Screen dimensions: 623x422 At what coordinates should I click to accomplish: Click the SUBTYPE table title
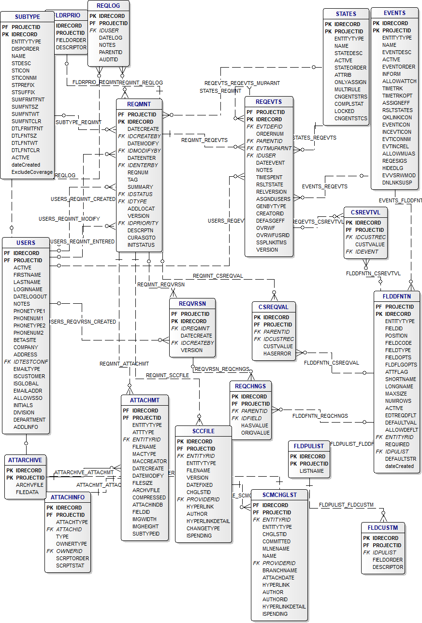[24, 17]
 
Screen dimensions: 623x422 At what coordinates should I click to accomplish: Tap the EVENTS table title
[394, 13]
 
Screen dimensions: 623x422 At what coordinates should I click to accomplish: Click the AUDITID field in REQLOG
[108, 59]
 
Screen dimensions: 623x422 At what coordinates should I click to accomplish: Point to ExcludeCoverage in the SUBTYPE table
[32, 172]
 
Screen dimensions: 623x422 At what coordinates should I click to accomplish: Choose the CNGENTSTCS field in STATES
[351, 118]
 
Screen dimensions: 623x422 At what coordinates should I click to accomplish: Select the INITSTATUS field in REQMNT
[141, 245]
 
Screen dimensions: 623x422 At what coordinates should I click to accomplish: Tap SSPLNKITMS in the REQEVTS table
[271, 242]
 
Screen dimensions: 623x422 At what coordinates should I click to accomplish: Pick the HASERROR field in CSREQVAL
[277, 354]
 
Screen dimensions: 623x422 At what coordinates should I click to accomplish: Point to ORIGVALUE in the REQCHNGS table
[255, 433]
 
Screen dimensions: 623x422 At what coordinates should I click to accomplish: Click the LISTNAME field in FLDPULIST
[312, 471]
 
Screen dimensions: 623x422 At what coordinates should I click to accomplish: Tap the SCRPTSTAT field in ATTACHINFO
[70, 566]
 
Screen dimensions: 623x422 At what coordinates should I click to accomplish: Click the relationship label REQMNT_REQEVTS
[204, 140]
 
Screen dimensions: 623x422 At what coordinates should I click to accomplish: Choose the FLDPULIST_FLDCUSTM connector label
[346, 505]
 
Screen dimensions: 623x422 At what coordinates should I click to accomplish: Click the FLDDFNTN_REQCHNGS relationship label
[320, 415]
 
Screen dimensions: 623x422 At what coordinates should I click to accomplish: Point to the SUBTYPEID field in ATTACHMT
[146, 534]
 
